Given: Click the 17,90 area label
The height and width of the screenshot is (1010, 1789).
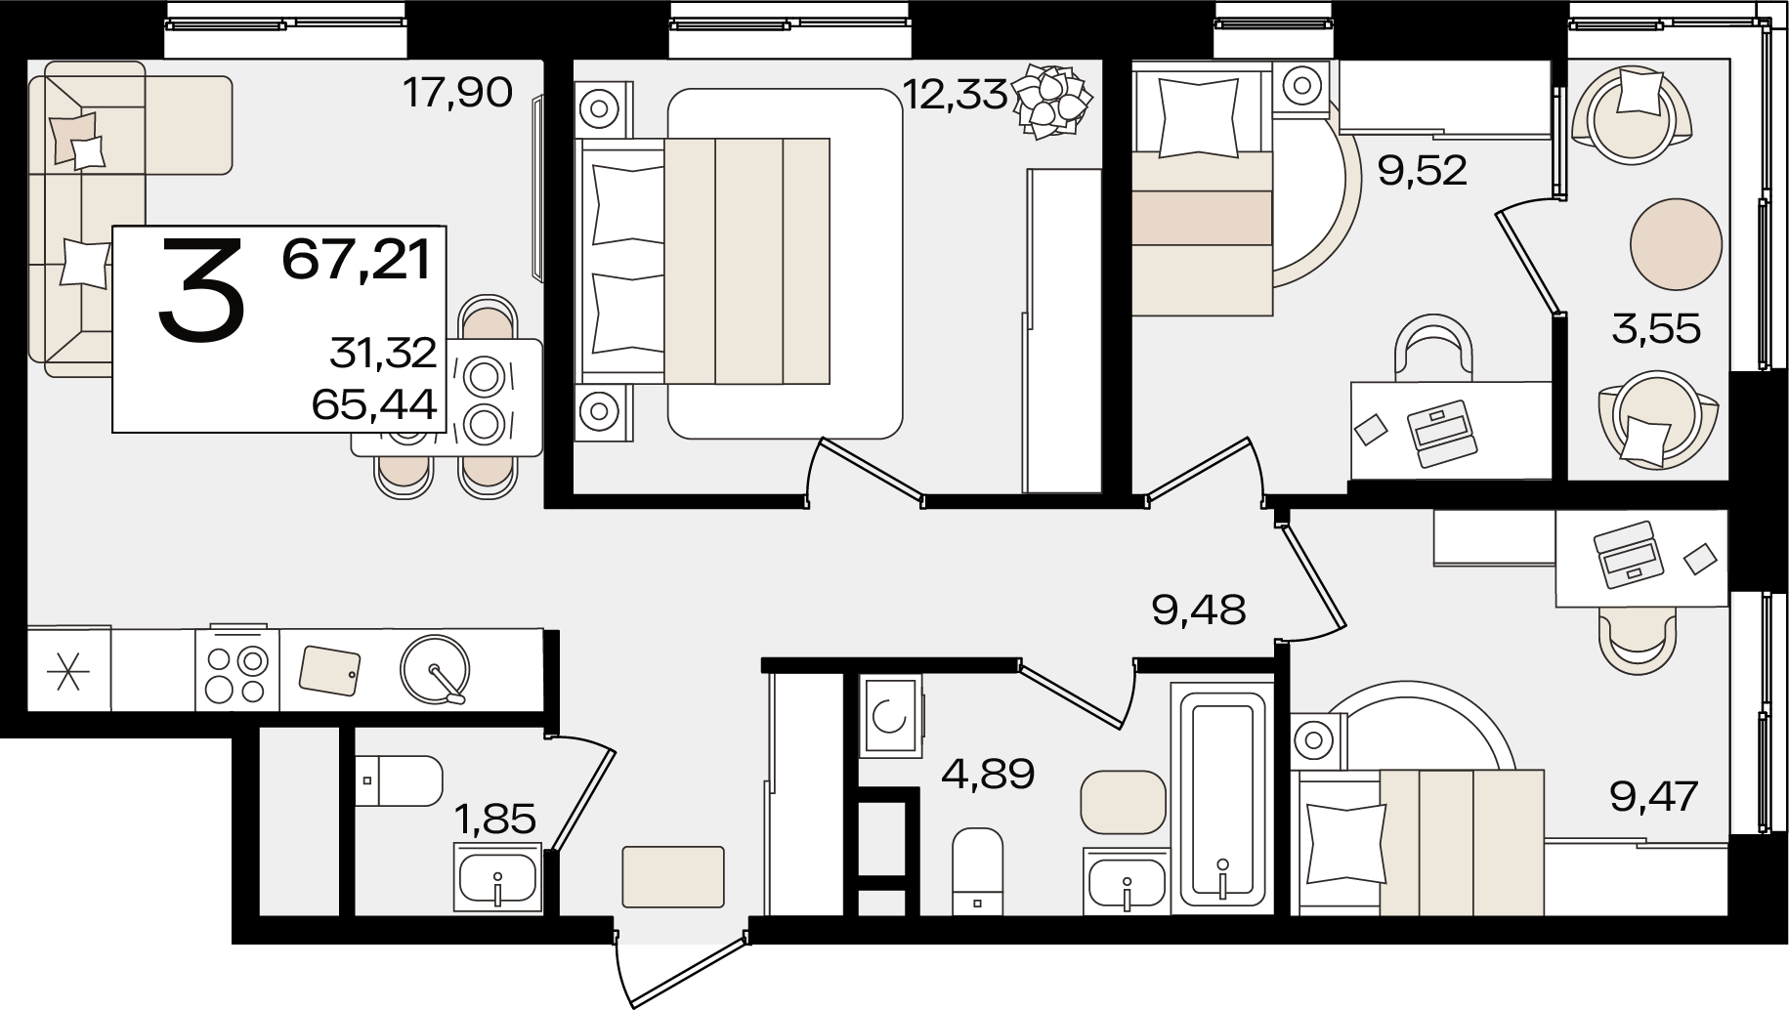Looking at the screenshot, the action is coord(457,94).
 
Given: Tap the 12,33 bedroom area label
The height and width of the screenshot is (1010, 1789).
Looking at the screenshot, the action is coord(955,95).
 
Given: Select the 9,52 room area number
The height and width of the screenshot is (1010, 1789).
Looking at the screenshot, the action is coord(1422,171).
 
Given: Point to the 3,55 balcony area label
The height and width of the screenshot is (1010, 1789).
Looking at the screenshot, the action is coord(1656,329).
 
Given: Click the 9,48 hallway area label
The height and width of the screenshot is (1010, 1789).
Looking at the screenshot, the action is coord(1199,610).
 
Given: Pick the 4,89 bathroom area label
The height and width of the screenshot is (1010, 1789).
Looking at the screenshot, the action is coord(988,775).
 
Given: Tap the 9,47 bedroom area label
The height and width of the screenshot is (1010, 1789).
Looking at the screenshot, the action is coord(1655,796).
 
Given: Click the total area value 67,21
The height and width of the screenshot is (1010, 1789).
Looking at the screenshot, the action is coord(357,260).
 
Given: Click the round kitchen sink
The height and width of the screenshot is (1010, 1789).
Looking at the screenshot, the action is coord(435,669).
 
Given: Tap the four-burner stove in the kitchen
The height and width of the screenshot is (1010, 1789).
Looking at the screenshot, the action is coord(237,669).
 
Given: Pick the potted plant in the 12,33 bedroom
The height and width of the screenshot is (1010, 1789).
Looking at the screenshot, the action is coord(1051,98).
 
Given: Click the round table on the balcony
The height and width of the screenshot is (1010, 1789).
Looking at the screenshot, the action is coord(1676,244).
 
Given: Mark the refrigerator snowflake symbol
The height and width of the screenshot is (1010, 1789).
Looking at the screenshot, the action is coord(68,669).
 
